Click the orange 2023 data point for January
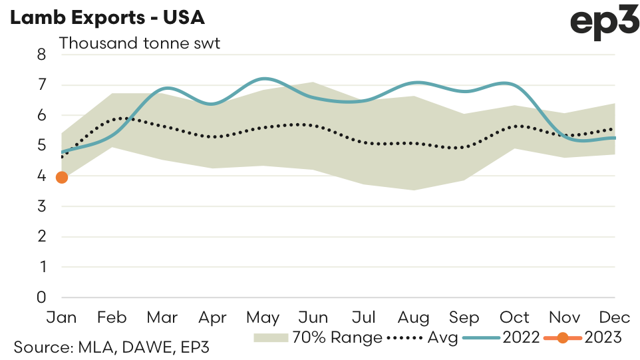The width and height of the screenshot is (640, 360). [x=62, y=177]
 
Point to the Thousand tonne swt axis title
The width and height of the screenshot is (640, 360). [x=140, y=44]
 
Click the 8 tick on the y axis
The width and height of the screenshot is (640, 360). [x=41, y=55]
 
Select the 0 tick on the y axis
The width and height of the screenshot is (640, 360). [x=41, y=297]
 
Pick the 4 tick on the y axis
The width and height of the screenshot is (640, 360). [x=41, y=176]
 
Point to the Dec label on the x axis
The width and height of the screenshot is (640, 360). [x=615, y=317]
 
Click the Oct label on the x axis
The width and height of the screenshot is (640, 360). [x=515, y=317]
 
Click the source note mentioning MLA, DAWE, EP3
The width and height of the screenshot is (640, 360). [x=112, y=347]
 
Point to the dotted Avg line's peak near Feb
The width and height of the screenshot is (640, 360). [x=123, y=118]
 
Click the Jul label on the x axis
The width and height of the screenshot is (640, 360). [x=365, y=317]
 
